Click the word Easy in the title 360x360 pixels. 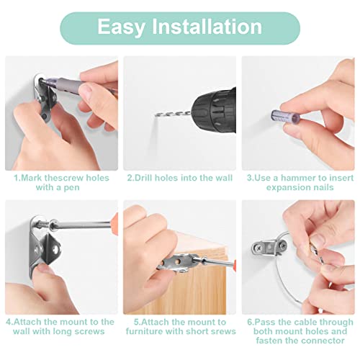tap(121, 27)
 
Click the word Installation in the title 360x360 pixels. tap(207, 26)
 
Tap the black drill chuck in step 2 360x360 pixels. tap(214, 111)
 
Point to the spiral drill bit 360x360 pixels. tap(173, 114)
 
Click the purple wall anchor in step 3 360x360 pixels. tap(286, 117)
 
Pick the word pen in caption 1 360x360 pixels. tap(71, 187)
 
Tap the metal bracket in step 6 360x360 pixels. tap(269, 247)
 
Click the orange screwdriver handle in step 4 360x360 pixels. tap(115, 222)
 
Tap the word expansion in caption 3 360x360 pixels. tap(283, 187)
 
